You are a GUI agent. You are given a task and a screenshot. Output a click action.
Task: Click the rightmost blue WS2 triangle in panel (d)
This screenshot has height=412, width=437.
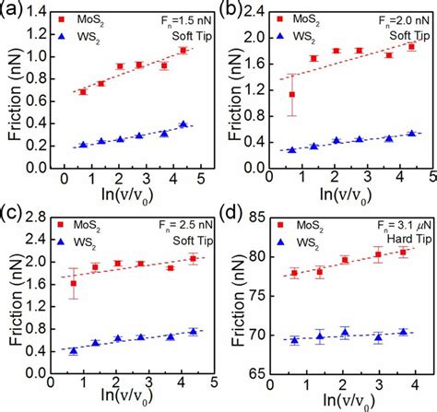pyautogui.click(x=402, y=332)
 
